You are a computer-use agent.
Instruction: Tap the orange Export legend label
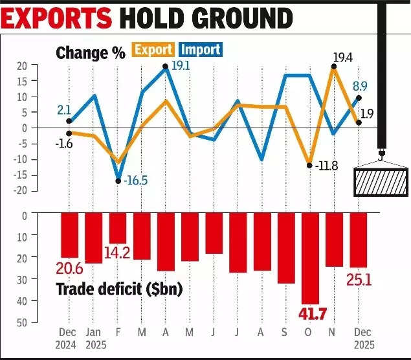coord(153,49)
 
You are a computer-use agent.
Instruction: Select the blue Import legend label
coord(200,49)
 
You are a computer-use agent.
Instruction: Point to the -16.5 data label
coord(135,180)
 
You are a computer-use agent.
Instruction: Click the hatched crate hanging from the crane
coord(381,181)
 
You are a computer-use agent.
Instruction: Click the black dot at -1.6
coord(69,133)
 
